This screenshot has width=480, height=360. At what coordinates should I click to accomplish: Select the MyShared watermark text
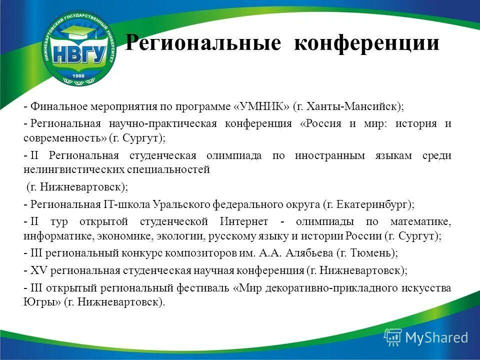tap(436, 337)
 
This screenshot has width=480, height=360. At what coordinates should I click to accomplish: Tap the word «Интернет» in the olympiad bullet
tap(243, 221)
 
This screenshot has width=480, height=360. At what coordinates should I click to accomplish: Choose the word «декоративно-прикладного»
tap(319, 288)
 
